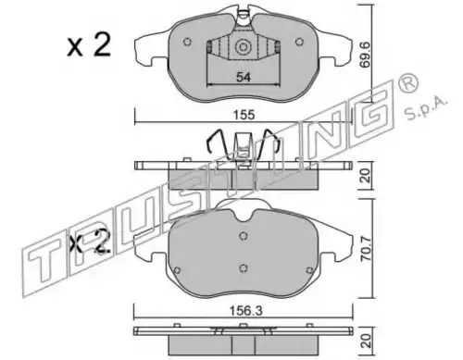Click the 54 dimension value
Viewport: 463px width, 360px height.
tap(244, 77)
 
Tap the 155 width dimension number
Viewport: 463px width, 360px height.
tap(244, 115)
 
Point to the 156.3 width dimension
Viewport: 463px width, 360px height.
tap(245, 311)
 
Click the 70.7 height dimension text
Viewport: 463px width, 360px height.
tap(367, 249)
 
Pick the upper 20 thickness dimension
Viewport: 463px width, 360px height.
tap(366, 175)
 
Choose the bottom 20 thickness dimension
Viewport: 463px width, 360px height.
tap(367, 341)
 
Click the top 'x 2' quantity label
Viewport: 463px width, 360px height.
tap(89, 45)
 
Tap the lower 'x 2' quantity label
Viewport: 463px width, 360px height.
tap(90, 242)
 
